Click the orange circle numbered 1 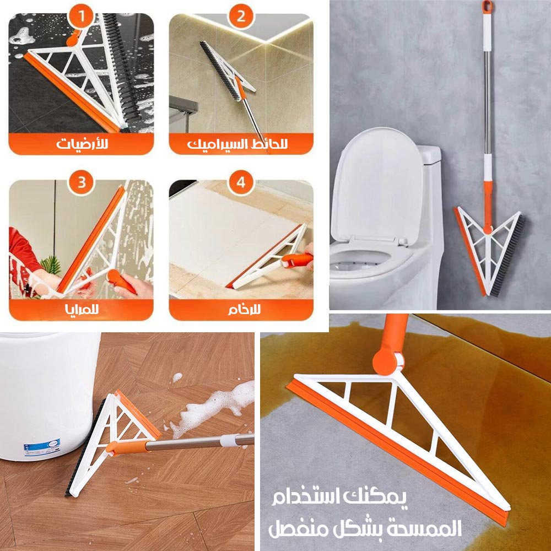pos(81,16)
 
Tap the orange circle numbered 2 pos(241,16)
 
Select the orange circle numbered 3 pos(82,183)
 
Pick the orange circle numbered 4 pos(241,183)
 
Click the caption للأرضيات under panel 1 pos(82,144)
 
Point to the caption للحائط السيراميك pos(237,144)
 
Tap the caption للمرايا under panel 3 pos(82,310)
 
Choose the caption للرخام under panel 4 pos(244,310)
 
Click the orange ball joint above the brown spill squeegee pos(387,363)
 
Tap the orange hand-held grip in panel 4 pos(296,261)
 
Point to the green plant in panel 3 pos(51,266)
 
